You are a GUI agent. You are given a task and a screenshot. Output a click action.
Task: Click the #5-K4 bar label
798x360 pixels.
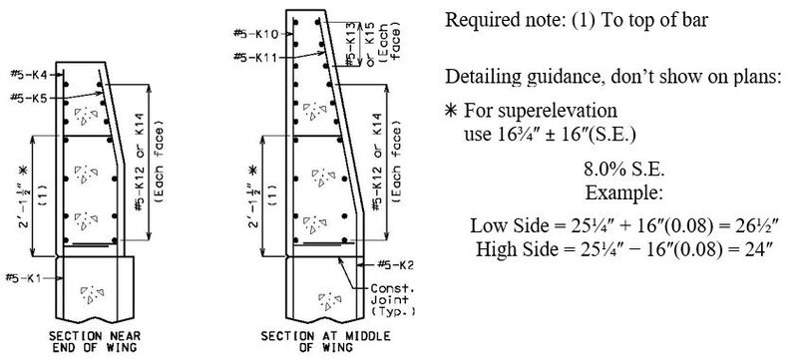pos(22,76)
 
